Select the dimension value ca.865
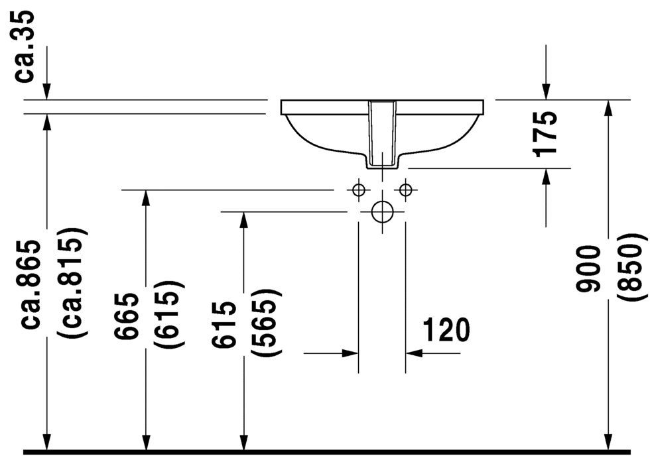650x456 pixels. click(x=33, y=284)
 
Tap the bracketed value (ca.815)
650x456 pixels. click(x=71, y=284)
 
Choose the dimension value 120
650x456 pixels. click(x=445, y=329)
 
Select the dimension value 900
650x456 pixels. click(x=588, y=268)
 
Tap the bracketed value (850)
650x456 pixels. click(x=629, y=268)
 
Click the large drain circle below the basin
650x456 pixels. click(x=382, y=212)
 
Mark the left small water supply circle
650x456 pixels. click(x=359, y=190)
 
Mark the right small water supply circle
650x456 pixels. click(x=405, y=190)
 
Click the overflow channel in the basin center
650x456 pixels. click(x=382, y=133)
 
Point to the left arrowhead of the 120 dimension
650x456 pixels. click(x=351, y=353)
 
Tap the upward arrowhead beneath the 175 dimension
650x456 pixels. click(x=546, y=176)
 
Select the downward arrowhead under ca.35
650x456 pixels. click(x=46, y=92)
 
